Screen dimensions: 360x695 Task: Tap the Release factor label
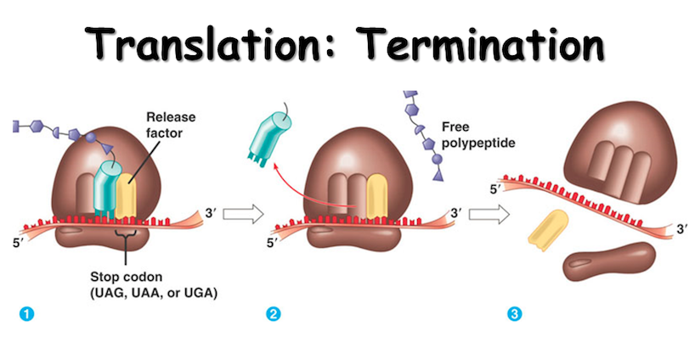[171, 123]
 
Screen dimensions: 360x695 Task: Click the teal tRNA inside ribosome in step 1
[107, 183]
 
